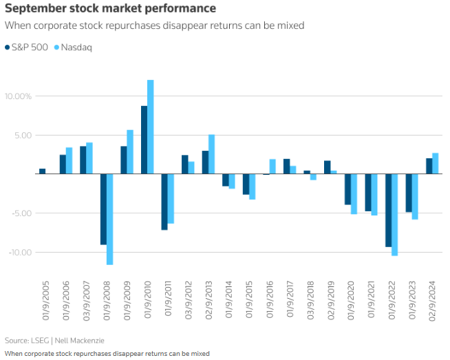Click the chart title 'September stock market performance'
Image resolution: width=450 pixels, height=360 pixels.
tap(110, 9)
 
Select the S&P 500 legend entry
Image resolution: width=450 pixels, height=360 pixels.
tap(27, 47)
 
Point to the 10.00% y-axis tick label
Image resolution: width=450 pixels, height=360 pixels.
tap(18, 96)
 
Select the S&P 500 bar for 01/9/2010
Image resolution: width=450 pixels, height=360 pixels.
tap(144, 140)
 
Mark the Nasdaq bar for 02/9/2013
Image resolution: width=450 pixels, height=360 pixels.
tap(211, 154)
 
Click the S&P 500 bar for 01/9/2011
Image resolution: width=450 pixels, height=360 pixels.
tap(164, 202)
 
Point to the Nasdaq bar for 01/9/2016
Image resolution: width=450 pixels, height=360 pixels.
tap(272, 167)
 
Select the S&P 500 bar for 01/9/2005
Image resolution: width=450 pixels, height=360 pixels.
tap(42, 171)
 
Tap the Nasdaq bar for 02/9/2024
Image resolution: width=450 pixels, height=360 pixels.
tap(435, 164)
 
